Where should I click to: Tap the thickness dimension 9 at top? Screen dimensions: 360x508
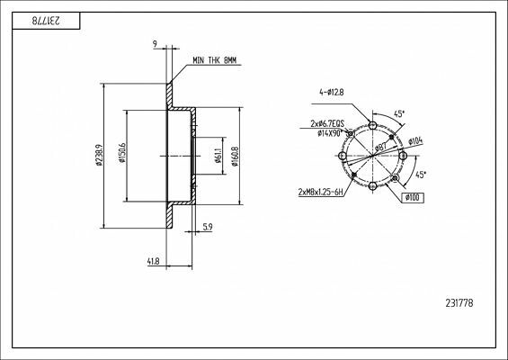[x=156, y=43]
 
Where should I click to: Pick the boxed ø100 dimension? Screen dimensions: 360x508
[x=414, y=196]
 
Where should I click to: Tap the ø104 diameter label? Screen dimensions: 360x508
[x=415, y=141]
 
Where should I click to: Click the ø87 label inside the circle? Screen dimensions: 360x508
[x=380, y=146]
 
